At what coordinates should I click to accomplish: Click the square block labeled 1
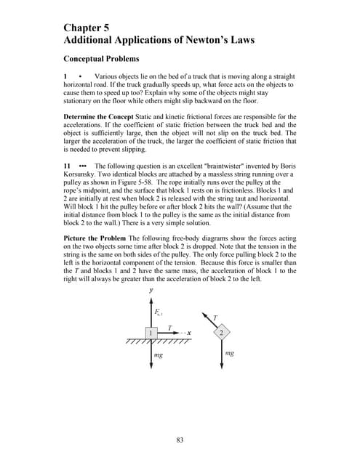click(x=151, y=332)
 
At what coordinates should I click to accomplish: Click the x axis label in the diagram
click(x=188, y=332)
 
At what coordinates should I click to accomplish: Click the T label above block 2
click(x=215, y=317)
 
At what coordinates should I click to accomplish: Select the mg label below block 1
click(x=159, y=355)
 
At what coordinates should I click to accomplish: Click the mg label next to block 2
click(x=230, y=353)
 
